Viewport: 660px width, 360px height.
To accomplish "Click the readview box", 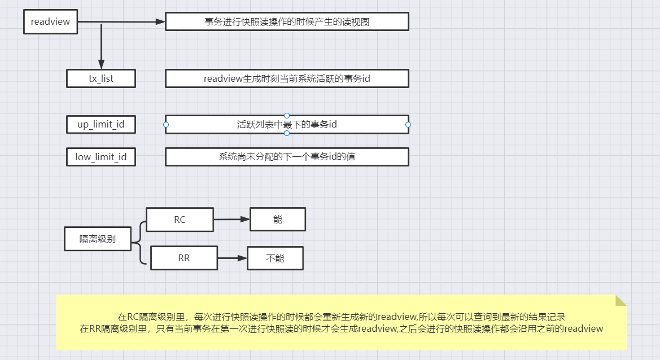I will coord(50,22).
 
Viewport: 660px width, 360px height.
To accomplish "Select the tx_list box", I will coord(101,78).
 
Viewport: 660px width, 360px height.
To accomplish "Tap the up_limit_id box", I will coord(101,124).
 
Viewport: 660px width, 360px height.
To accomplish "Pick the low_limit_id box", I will coord(101,157).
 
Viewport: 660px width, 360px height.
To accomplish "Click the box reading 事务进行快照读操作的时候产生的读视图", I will coord(287,22).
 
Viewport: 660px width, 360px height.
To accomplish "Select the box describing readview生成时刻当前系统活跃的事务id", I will coord(287,78).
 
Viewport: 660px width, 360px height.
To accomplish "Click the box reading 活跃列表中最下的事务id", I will coord(287,124).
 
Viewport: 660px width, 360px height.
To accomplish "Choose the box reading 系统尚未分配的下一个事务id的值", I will coord(287,157).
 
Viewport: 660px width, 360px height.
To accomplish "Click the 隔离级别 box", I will coord(98,239).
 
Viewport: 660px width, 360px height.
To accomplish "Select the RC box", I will coord(180,219).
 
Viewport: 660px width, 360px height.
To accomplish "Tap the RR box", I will coord(183,258).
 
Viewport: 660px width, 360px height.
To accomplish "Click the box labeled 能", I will coord(277,219).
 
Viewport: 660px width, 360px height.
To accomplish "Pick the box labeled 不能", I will coord(275,258).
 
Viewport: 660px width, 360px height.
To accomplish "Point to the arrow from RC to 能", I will coord(231,219).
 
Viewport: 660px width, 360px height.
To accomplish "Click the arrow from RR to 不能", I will coord(232,258).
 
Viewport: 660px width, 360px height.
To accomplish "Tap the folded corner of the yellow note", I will coord(620,300).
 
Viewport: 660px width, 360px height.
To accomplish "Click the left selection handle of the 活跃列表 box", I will coord(165,124).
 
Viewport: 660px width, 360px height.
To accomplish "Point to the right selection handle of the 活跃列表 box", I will coord(408,124).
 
